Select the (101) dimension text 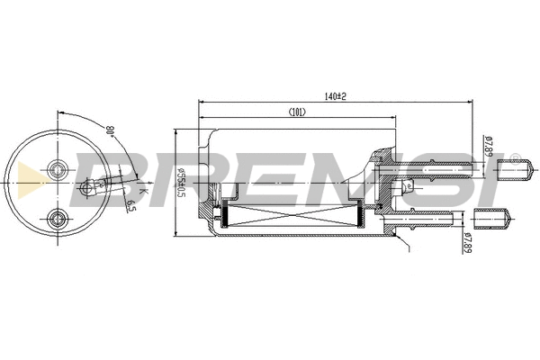pos(299,112)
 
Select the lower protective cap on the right pos(491,217)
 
